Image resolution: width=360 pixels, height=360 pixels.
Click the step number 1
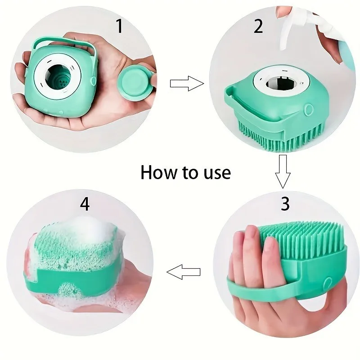pos(119,27)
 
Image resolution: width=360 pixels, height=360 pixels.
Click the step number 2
pos(258,27)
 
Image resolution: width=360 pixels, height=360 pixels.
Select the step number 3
pos(284,203)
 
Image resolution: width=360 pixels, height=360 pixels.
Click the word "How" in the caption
pos(158,172)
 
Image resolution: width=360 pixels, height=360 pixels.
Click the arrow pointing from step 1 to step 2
pos(186,83)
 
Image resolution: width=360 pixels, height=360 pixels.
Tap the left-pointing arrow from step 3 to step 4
pos(184,272)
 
